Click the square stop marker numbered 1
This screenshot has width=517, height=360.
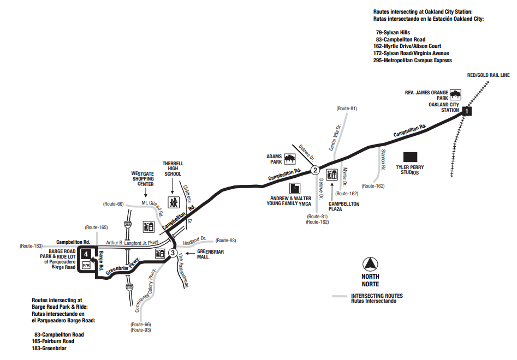click(467, 111)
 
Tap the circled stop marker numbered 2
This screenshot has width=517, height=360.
click(315, 170)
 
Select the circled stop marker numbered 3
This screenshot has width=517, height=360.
click(173, 253)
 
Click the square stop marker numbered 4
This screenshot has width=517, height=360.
click(86, 254)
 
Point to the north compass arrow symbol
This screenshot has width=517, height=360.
click(370, 264)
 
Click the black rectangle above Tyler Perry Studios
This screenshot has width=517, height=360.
click(410, 157)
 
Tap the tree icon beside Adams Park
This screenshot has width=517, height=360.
click(290, 159)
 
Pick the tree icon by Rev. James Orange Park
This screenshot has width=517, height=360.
click(455, 95)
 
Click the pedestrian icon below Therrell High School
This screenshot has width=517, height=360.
click(174, 202)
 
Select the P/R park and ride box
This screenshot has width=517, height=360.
click(86, 265)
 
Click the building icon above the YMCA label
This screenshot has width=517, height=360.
click(295, 188)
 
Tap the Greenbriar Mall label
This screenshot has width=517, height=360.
click(210, 254)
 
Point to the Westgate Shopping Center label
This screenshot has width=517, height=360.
click(143, 179)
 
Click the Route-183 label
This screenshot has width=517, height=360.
click(31, 246)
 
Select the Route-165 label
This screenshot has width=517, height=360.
click(96, 227)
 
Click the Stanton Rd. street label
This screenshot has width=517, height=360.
click(383, 160)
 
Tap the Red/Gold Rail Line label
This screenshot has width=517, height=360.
click(488, 75)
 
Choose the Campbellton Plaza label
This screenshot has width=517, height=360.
click(344, 207)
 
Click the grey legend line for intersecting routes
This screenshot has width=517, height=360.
click(339, 296)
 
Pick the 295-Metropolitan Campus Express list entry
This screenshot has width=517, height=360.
click(413, 61)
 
